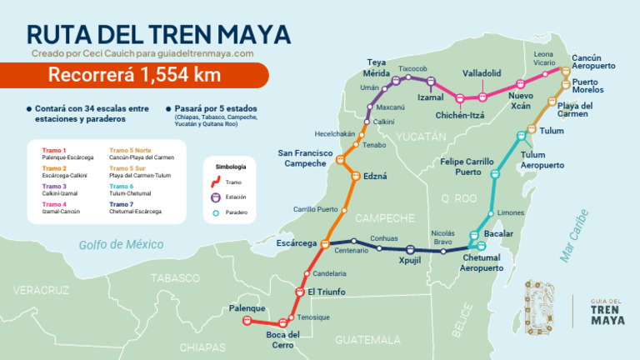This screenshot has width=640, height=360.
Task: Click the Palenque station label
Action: pyautogui.click(x=247, y=308)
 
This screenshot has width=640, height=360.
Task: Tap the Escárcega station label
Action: pyautogui.click(x=296, y=243)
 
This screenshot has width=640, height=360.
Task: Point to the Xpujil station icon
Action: pyautogui.click(x=409, y=249)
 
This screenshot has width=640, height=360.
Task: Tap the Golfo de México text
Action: pyautogui.click(x=122, y=244)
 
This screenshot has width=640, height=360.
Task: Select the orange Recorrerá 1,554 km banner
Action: pyautogui.click(x=133, y=75)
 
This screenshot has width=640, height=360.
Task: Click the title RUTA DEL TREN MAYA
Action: pyautogui.click(x=158, y=33)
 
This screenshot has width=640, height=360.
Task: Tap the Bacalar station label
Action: pyautogui.click(x=498, y=234)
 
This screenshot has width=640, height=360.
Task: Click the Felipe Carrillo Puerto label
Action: pyautogui.click(x=468, y=166)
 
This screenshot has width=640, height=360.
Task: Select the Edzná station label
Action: pyautogui.click(x=376, y=177)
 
